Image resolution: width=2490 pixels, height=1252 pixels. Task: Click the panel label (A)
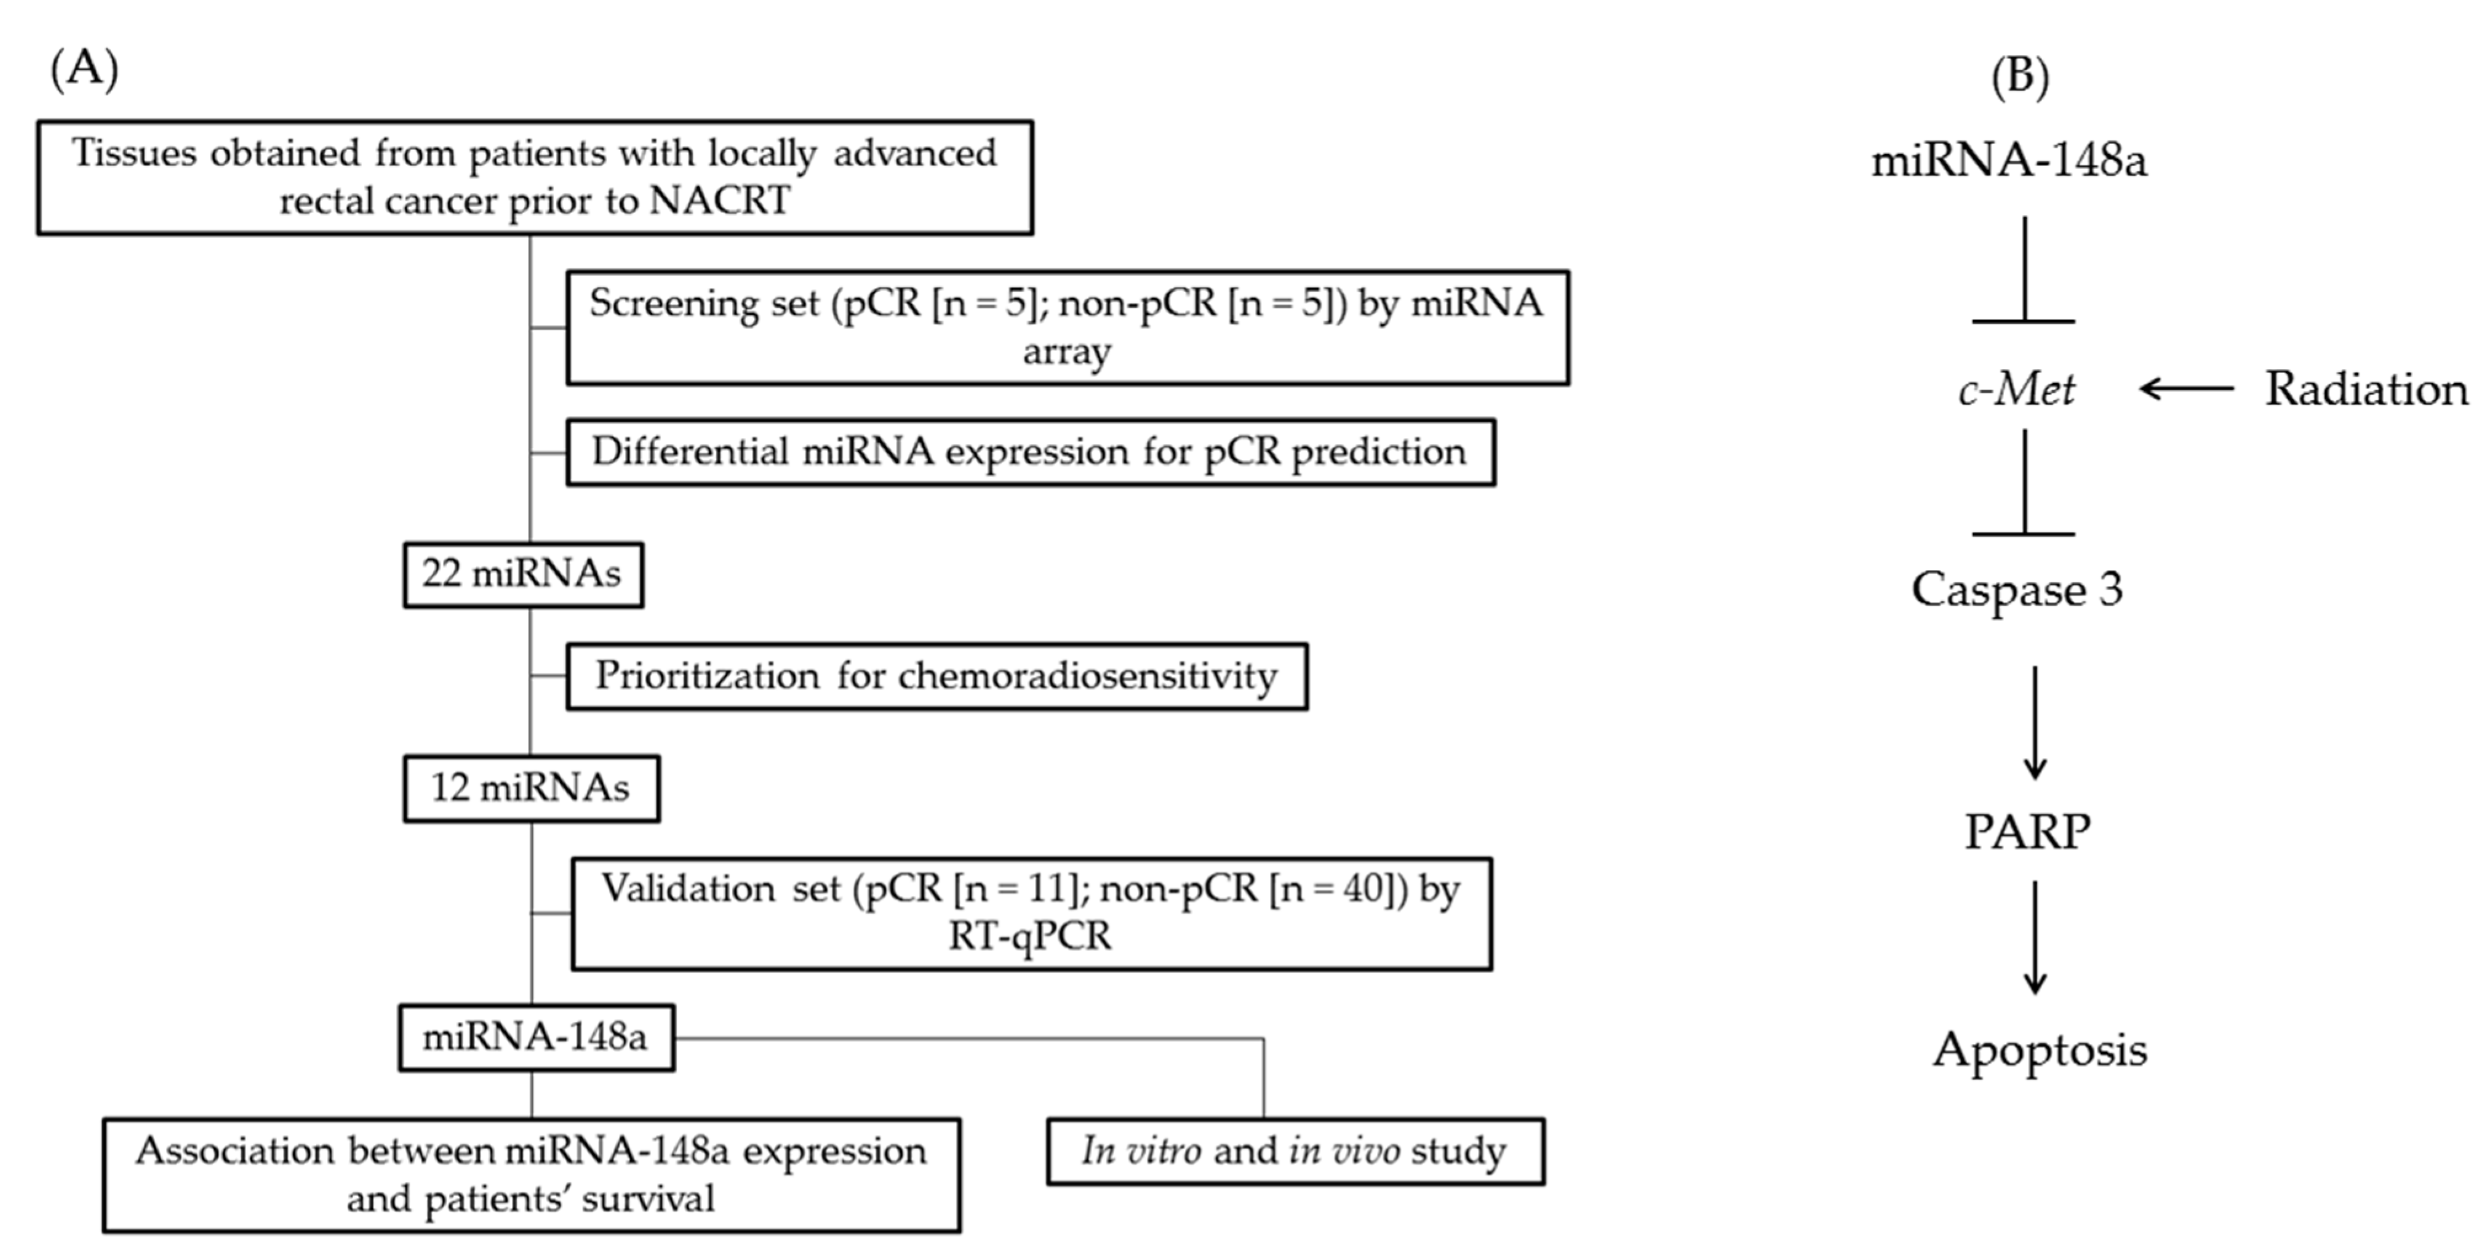point(84,70)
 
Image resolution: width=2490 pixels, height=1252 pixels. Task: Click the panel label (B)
point(2019,76)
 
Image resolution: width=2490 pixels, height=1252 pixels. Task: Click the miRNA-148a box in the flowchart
point(535,1037)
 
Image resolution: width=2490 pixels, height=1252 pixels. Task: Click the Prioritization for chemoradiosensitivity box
point(936,676)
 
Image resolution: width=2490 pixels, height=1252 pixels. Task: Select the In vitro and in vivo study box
point(1295,1150)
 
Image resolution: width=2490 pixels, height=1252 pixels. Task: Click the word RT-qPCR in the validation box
point(1031,936)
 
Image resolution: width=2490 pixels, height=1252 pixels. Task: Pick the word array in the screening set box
point(1066,351)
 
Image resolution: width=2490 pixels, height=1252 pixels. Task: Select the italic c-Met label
point(2016,390)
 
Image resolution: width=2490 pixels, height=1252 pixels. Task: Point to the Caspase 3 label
point(2017,589)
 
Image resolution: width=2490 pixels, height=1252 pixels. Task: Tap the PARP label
point(2027,832)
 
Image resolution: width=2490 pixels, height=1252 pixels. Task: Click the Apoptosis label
point(2040,1049)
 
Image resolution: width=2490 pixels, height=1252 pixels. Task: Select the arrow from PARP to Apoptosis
point(2035,938)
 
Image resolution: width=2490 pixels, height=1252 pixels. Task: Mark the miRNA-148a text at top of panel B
point(2009,159)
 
